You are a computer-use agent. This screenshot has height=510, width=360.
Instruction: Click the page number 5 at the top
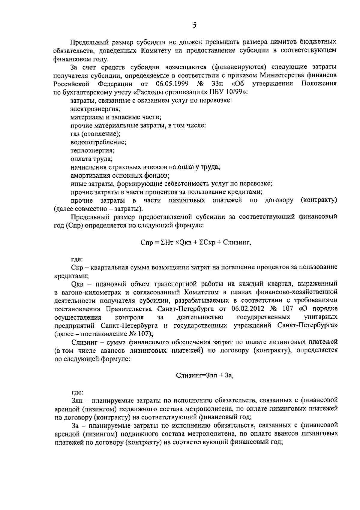click(x=194, y=26)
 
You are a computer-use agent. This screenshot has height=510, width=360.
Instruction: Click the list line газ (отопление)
click(x=95, y=134)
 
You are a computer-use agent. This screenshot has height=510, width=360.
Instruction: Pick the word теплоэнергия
click(x=92, y=150)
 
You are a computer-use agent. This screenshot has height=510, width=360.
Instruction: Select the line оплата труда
click(x=91, y=158)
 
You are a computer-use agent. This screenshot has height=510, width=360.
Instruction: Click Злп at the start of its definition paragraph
click(x=77, y=400)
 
